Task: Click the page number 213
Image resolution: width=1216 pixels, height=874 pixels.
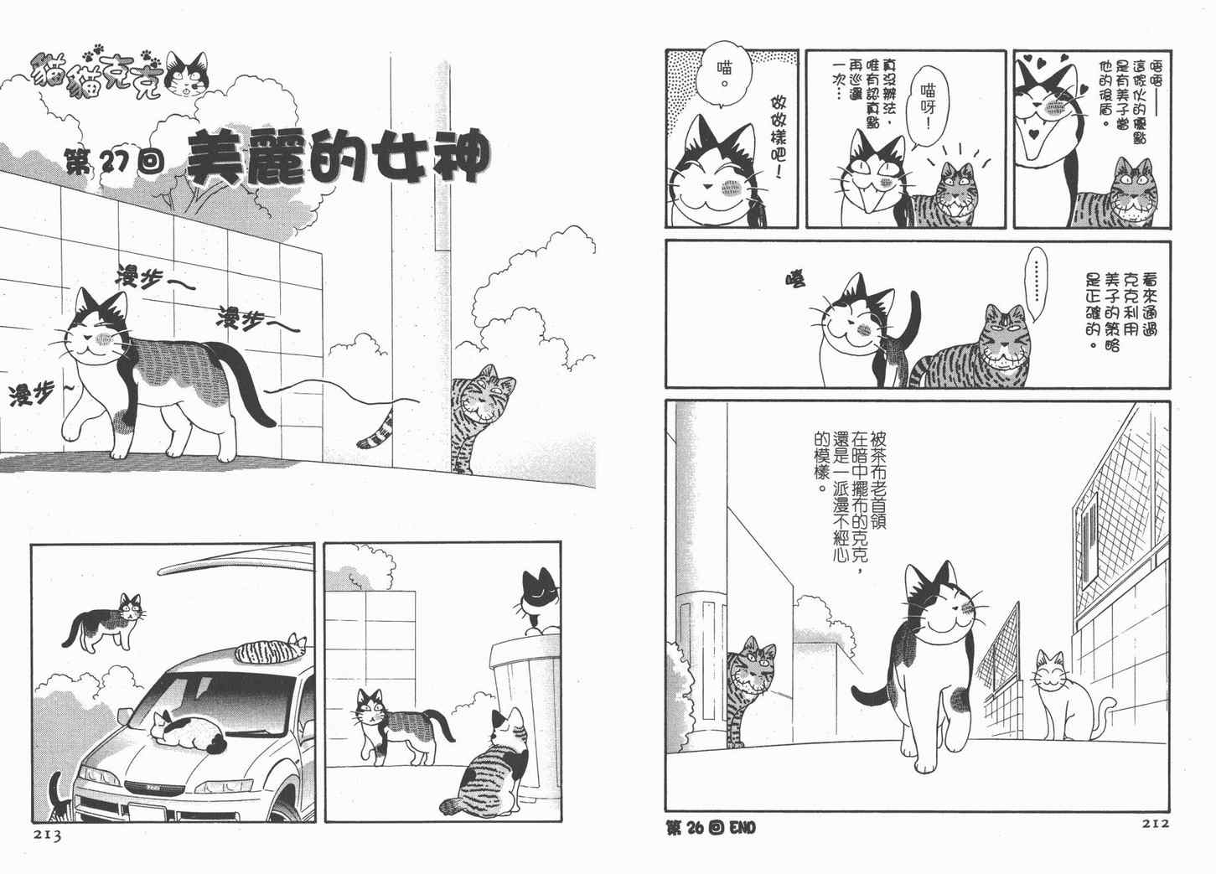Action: pyautogui.click(x=48, y=835)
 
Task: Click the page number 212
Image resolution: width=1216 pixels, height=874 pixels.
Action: pyautogui.click(x=1154, y=824)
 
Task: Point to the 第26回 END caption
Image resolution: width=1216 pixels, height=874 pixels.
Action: pyautogui.click(x=711, y=828)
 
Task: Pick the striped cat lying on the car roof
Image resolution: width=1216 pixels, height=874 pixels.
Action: pyautogui.click(x=272, y=649)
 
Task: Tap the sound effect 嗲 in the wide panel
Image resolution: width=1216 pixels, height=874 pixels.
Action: pyautogui.click(x=795, y=279)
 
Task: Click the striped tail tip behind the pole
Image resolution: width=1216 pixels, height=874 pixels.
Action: pyautogui.click(x=375, y=432)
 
